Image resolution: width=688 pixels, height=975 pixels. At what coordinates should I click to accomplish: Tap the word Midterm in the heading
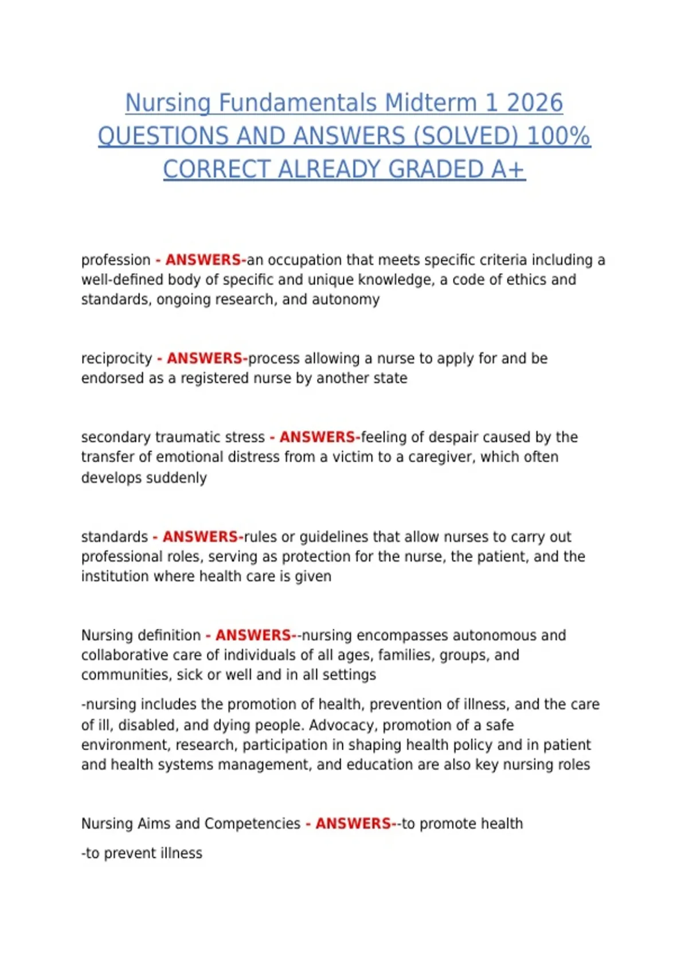click(431, 103)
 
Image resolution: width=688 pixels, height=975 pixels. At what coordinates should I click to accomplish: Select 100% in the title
click(558, 136)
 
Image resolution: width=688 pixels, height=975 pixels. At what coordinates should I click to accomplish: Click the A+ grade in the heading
click(507, 170)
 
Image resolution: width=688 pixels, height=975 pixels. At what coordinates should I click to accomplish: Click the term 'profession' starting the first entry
click(116, 260)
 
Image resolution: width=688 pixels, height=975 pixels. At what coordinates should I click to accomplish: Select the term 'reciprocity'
click(116, 359)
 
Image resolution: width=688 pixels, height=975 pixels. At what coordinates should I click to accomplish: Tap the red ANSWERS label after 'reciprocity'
click(205, 358)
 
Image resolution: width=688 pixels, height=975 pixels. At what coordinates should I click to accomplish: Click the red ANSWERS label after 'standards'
click(200, 537)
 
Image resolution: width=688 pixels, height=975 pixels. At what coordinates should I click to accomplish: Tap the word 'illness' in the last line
click(181, 853)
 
